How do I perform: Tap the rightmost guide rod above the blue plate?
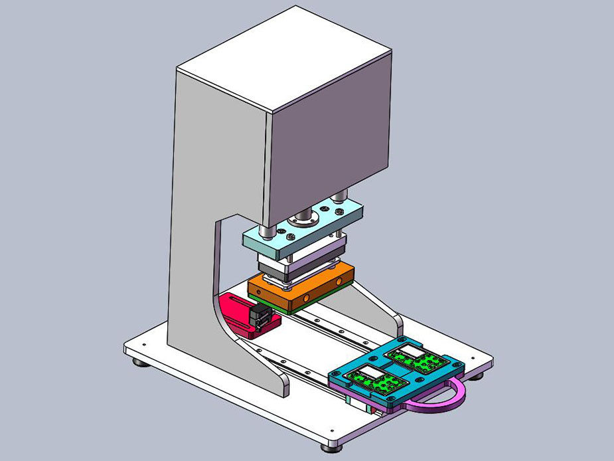tap(341, 196)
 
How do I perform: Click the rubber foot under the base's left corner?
tap(137, 363)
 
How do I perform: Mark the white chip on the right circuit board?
tap(408, 353)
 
